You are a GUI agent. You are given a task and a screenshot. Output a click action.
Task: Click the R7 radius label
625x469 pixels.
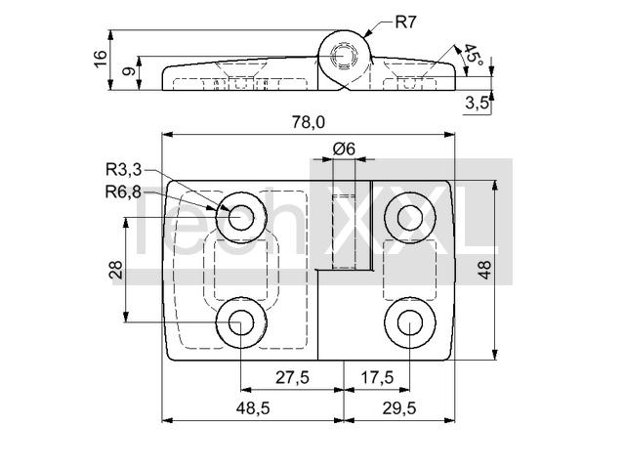click(405, 21)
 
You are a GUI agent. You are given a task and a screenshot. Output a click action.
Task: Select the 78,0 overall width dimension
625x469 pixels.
click(309, 122)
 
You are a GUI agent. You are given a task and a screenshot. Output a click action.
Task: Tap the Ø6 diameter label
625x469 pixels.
click(344, 149)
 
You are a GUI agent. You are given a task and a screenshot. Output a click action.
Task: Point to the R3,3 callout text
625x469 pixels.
click(123, 170)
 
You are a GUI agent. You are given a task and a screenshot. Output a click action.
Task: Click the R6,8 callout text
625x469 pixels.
click(123, 192)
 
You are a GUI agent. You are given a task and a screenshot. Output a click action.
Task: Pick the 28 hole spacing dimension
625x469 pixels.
click(115, 270)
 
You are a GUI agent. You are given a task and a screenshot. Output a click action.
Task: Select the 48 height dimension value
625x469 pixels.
click(484, 270)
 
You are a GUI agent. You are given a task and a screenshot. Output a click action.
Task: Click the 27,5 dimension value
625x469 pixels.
click(292, 377)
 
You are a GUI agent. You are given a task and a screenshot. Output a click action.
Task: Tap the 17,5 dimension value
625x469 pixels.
click(377, 377)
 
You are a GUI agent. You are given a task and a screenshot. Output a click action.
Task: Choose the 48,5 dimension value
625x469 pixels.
click(253, 408)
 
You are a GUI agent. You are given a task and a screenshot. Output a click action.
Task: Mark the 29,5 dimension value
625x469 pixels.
click(399, 408)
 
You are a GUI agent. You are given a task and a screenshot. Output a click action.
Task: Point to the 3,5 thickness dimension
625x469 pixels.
click(477, 104)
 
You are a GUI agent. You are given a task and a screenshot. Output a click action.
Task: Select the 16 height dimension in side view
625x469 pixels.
click(102, 59)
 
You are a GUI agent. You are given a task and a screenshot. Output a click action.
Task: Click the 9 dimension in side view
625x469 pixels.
click(129, 71)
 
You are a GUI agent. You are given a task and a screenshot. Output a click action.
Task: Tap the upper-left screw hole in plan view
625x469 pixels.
click(241, 218)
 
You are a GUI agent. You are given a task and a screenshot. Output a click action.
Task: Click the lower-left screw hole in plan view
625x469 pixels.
click(241, 322)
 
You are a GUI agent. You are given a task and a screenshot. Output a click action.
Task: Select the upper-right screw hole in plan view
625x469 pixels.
click(410, 218)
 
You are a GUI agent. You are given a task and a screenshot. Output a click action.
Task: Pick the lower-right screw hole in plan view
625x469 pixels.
click(410, 322)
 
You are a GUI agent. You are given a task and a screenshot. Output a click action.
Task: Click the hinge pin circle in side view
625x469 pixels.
click(344, 57)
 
